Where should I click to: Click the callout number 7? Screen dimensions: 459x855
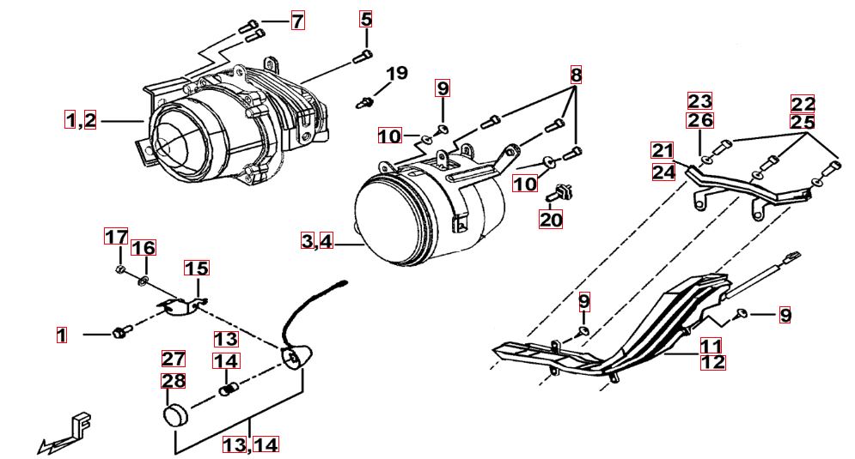(x=297, y=21)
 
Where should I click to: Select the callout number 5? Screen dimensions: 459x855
(x=366, y=18)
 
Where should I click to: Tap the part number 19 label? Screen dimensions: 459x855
(x=395, y=73)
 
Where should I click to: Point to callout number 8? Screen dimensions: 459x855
(x=576, y=75)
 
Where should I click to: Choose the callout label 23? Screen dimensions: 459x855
(x=700, y=101)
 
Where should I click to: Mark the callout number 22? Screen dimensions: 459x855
(x=803, y=104)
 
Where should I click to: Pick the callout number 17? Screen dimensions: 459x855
(x=116, y=236)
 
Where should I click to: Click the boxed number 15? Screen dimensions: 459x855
(x=197, y=269)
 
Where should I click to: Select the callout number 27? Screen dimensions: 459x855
(x=174, y=359)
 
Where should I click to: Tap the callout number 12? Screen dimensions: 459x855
(x=712, y=362)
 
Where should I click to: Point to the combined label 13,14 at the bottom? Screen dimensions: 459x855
(x=250, y=444)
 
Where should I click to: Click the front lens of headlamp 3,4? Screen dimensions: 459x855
(x=388, y=218)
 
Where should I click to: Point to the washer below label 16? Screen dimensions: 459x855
(x=143, y=280)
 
